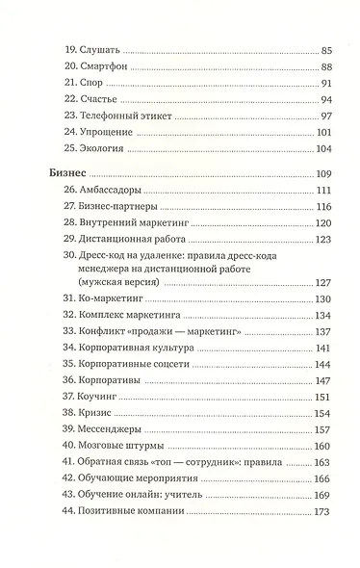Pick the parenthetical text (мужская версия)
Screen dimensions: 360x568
[131, 283]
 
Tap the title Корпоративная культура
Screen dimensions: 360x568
[145, 348]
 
